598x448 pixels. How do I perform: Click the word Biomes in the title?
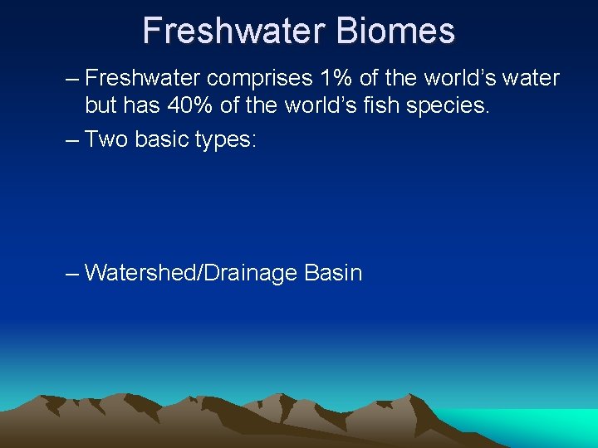click(396, 31)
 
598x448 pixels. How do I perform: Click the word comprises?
click(259, 79)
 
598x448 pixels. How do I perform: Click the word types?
click(226, 139)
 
